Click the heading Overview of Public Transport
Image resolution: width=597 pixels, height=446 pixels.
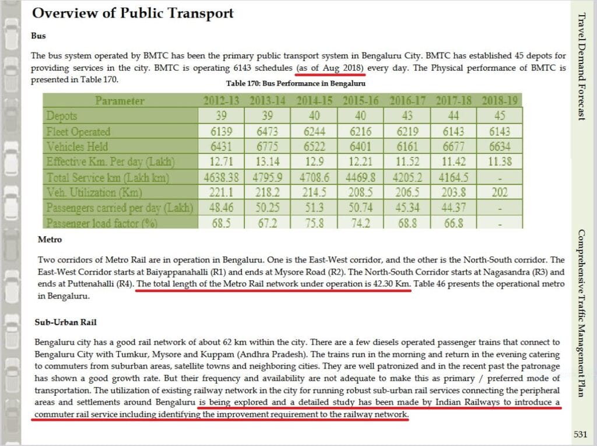[132, 13]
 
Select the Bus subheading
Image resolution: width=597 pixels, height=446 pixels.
[38, 36]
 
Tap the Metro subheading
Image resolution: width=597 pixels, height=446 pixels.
[50, 239]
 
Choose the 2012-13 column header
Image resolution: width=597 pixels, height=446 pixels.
[221, 100]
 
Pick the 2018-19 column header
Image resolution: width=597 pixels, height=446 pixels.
[500, 100]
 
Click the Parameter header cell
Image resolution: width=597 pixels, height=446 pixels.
[120, 100]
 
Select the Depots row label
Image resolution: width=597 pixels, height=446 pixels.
[62, 116]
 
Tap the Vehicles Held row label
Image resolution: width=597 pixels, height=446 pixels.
[77, 146]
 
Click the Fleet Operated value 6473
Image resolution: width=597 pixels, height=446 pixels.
[268, 132]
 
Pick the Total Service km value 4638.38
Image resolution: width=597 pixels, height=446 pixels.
[221, 177]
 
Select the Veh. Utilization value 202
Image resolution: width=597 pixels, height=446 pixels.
[500, 192]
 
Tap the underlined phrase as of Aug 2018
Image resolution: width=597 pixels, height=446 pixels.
[331, 69]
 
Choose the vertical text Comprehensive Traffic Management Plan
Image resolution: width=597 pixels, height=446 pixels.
[581, 312]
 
